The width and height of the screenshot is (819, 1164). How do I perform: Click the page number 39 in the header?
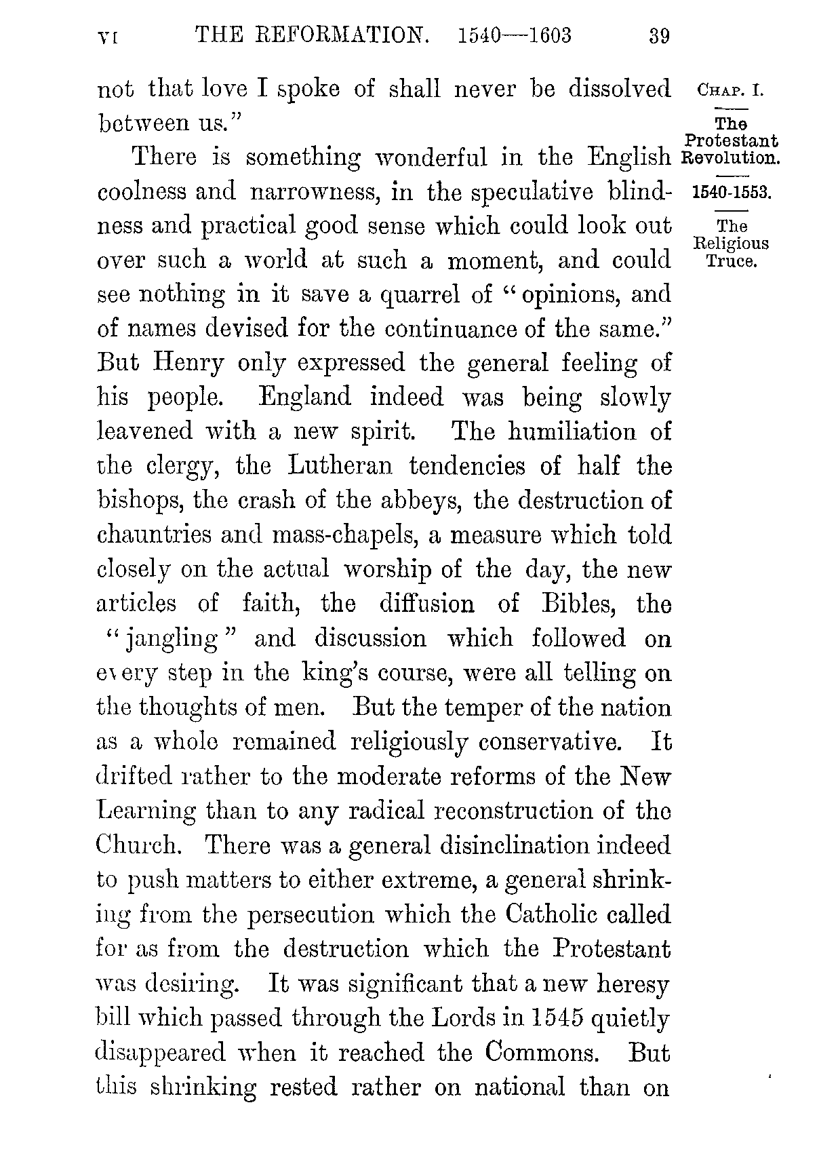659,35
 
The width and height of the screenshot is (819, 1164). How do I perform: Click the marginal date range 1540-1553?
732,193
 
